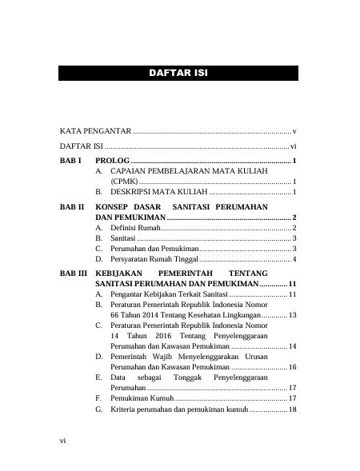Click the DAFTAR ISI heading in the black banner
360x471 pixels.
click(179, 74)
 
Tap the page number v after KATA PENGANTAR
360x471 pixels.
click(295, 130)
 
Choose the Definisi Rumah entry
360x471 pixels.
click(135, 229)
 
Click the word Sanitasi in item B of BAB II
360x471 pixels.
click(123, 239)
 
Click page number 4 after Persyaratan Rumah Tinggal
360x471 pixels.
click(295, 260)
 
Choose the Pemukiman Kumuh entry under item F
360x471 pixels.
click(142, 397)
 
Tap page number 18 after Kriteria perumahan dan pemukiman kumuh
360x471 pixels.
click(292, 409)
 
